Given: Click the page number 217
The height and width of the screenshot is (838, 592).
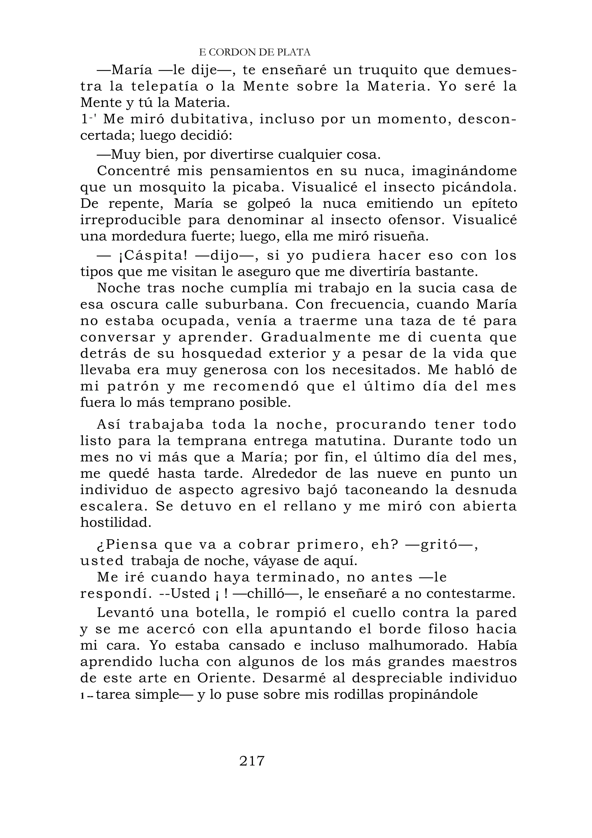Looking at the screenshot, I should pyautogui.click(x=252, y=760).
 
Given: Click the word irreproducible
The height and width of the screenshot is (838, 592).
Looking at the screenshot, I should pyautogui.click(x=130, y=220).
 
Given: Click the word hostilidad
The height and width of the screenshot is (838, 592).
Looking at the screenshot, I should pyautogui.click(x=116, y=523).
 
